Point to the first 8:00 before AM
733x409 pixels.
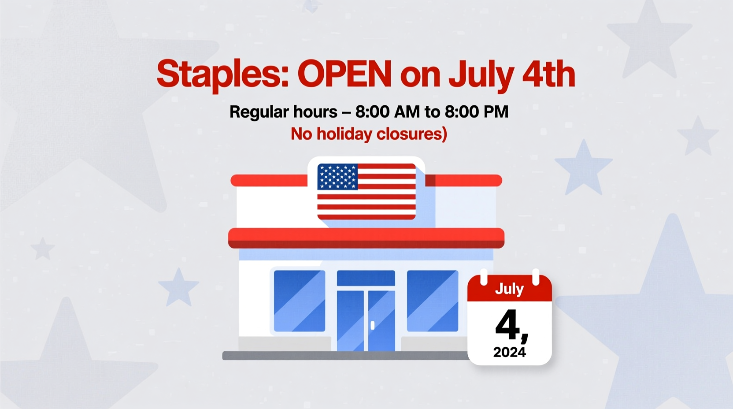pyautogui.click(x=372, y=112)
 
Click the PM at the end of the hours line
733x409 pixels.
pyautogui.click(x=496, y=112)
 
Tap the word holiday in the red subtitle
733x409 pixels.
pyautogui.click(x=344, y=134)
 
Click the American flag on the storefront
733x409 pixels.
pyautogui.click(x=366, y=191)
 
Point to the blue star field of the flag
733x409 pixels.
pyautogui.click(x=337, y=177)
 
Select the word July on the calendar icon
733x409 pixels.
pyautogui.click(x=509, y=289)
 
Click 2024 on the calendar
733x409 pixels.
pyautogui.click(x=509, y=352)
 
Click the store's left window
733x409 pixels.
pyautogui.click(x=300, y=301)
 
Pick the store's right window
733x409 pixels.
pyautogui.click(x=432, y=301)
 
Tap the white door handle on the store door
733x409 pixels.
pyautogui.click(x=373, y=325)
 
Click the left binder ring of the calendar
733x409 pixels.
pyautogui.click(x=484, y=276)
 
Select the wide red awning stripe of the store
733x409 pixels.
pyautogui.click(x=366, y=238)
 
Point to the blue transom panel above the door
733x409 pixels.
pyautogui.click(x=366, y=278)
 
